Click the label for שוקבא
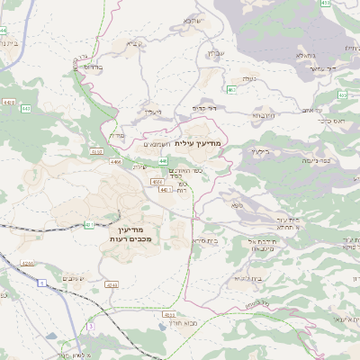coord(193,21)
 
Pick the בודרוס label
coord(93,67)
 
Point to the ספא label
coord(237,206)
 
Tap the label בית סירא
coord(208,241)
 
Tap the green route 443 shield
coord(25,108)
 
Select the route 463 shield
coord(232,90)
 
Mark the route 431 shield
coord(89,224)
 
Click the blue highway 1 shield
coord(41,282)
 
